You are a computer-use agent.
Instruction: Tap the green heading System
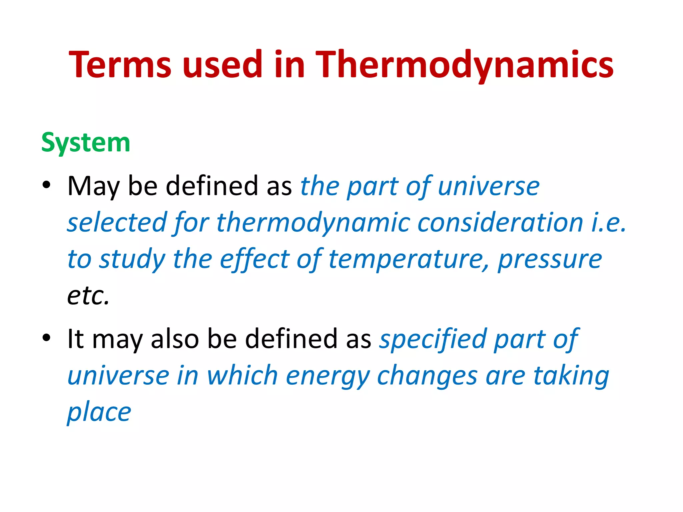tap(86, 143)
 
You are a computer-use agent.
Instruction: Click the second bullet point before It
tap(46, 337)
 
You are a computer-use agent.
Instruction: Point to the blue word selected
tap(117, 223)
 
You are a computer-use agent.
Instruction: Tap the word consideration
tap(500, 223)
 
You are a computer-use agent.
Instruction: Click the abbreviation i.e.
tap(609, 223)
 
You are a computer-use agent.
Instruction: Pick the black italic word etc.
tap(88, 296)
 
